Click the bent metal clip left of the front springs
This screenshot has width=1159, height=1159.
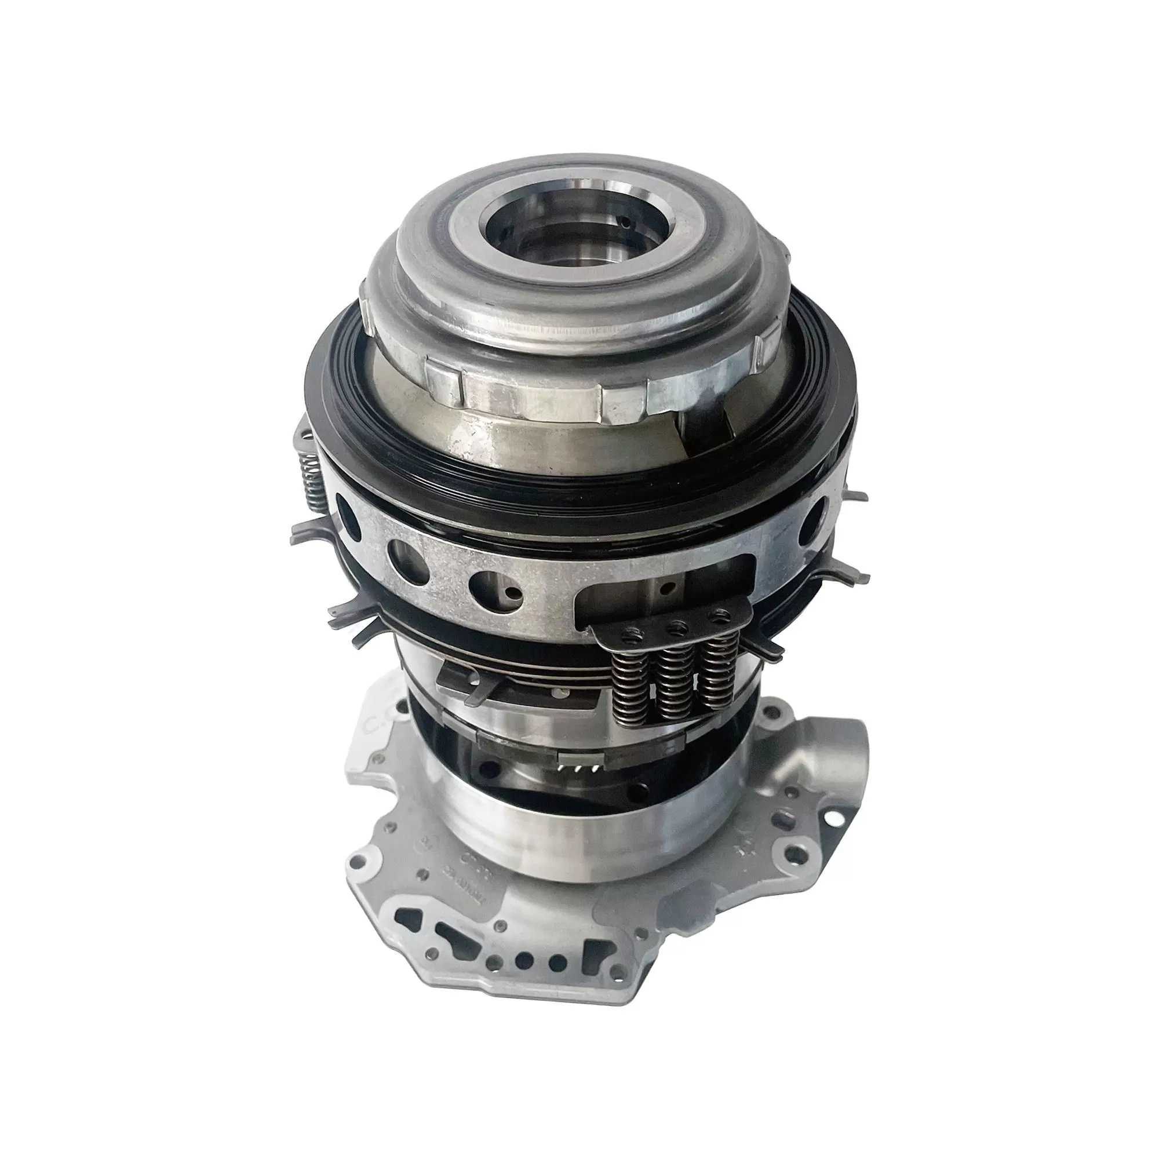462,684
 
